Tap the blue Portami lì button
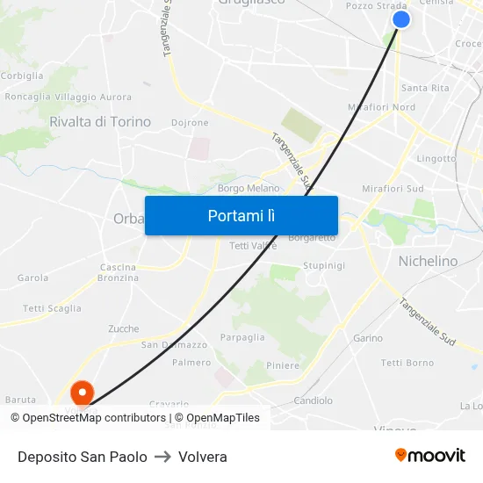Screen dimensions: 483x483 click(x=241, y=215)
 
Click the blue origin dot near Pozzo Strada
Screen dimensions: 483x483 click(x=400, y=19)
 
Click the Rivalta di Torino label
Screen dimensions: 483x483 click(x=100, y=122)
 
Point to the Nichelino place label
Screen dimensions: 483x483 click(x=428, y=261)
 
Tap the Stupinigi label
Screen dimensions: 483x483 click(x=323, y=265)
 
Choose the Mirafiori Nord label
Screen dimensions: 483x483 click(x=381, y=107)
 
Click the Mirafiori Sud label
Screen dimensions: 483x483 click(x=393, y=189)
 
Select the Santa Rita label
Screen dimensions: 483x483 click(x=425, y=88)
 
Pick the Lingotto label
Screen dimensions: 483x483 click(x=436, y=159)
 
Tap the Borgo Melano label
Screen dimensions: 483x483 click(x=249, y=188)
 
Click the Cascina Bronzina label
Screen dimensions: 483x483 click(x=118, y=272)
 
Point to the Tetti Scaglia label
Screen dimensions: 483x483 click(x=52, y=308)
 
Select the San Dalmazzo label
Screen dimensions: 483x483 click(x=174, y=345)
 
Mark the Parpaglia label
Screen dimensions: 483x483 click(x=242, y=337)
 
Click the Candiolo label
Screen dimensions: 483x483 click(x=313, y=400)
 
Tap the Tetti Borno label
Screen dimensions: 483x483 click(x=407, y=363)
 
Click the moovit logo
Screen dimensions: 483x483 click(x=430, y=456)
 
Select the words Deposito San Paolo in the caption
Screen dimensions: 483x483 click(x=83, y=457)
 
